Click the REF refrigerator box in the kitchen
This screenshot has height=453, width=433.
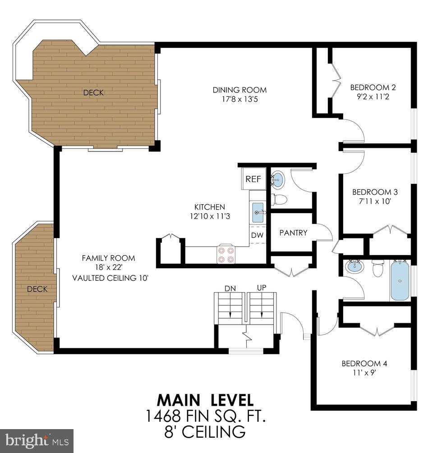click(253, 179)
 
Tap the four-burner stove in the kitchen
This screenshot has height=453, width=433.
click(226, 254)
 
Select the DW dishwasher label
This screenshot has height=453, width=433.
click(258, 235)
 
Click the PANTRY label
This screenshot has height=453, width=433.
click(293, 233)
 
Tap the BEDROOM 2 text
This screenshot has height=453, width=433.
click(369, 87)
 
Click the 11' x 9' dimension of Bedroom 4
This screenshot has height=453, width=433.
click(364, 373)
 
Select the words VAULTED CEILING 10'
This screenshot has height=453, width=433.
click(111, 278)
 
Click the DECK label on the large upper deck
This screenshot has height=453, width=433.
click(93, 93)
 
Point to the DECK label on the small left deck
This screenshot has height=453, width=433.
click(37, 289)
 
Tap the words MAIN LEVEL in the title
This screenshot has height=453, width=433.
click(205, 400)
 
